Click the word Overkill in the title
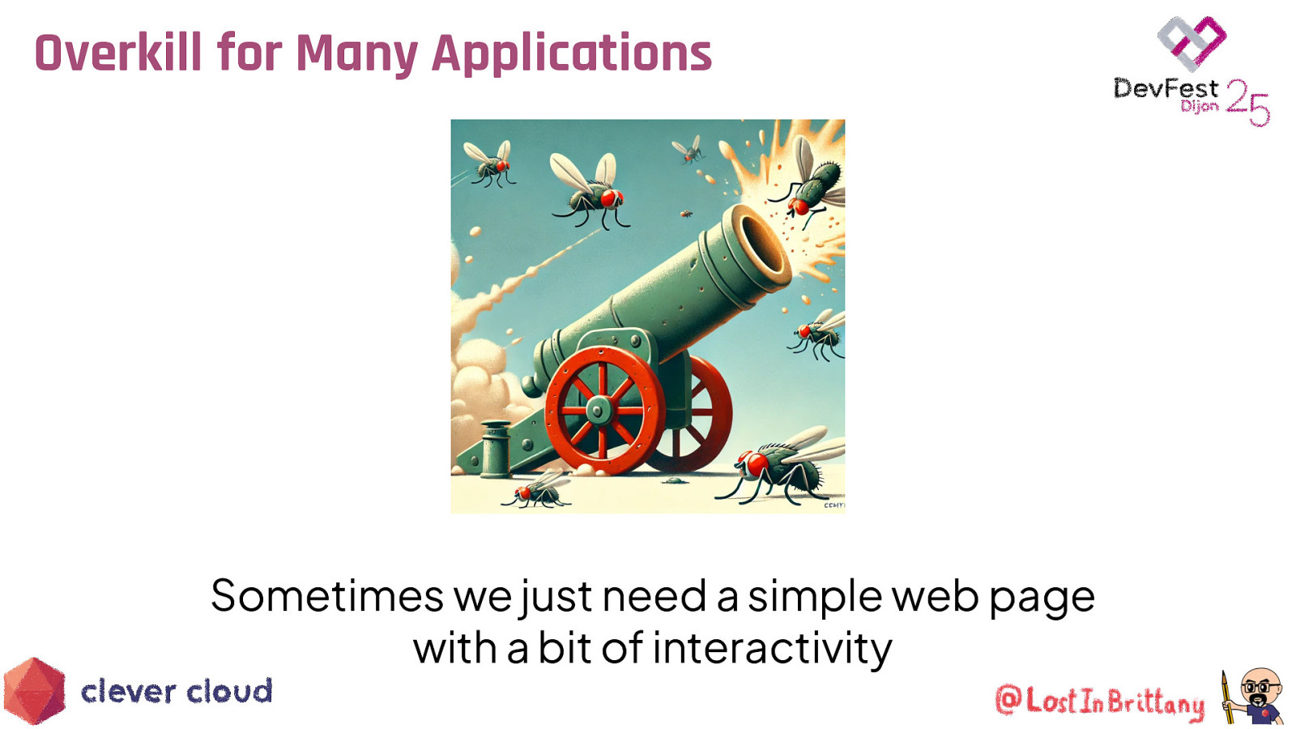pyautogui.click(x=118, y=53)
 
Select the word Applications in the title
pyautogui.click(x=571, y=53)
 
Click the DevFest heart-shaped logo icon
pyautogui.click(x=1192, y=42)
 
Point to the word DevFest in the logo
pyautogui.click(x=1165, y=88)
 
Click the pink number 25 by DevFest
pyautogui.click(x=1247, y=102)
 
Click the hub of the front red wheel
pyautogui.click(x=599, y=410)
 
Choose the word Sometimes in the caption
pyautogui.click(x=326, y=596)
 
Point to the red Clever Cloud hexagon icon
pyautogui.click(x=34, y=690)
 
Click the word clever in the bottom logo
pyautogui.click(x=128, y=691)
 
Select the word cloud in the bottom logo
pyautogui.click(x=229, y=691)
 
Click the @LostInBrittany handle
pyautogui.click(x=1099, y=701)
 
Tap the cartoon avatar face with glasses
pyautogui.click(x=1260, y=687)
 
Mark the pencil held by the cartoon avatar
pyautogui.click(x=1228, y=697)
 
